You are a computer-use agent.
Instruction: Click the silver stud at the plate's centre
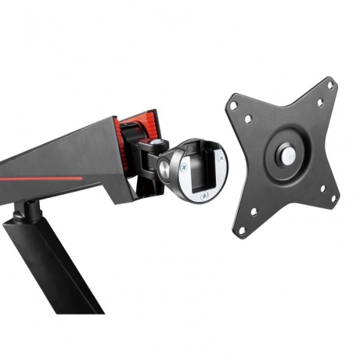[288, 156]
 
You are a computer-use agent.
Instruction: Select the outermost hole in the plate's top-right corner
[329, 85]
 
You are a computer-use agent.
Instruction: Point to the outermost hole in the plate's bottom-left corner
[242, 231]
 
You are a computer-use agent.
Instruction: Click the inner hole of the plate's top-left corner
[248, 120]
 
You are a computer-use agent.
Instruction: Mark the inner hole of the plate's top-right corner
[319, 103]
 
